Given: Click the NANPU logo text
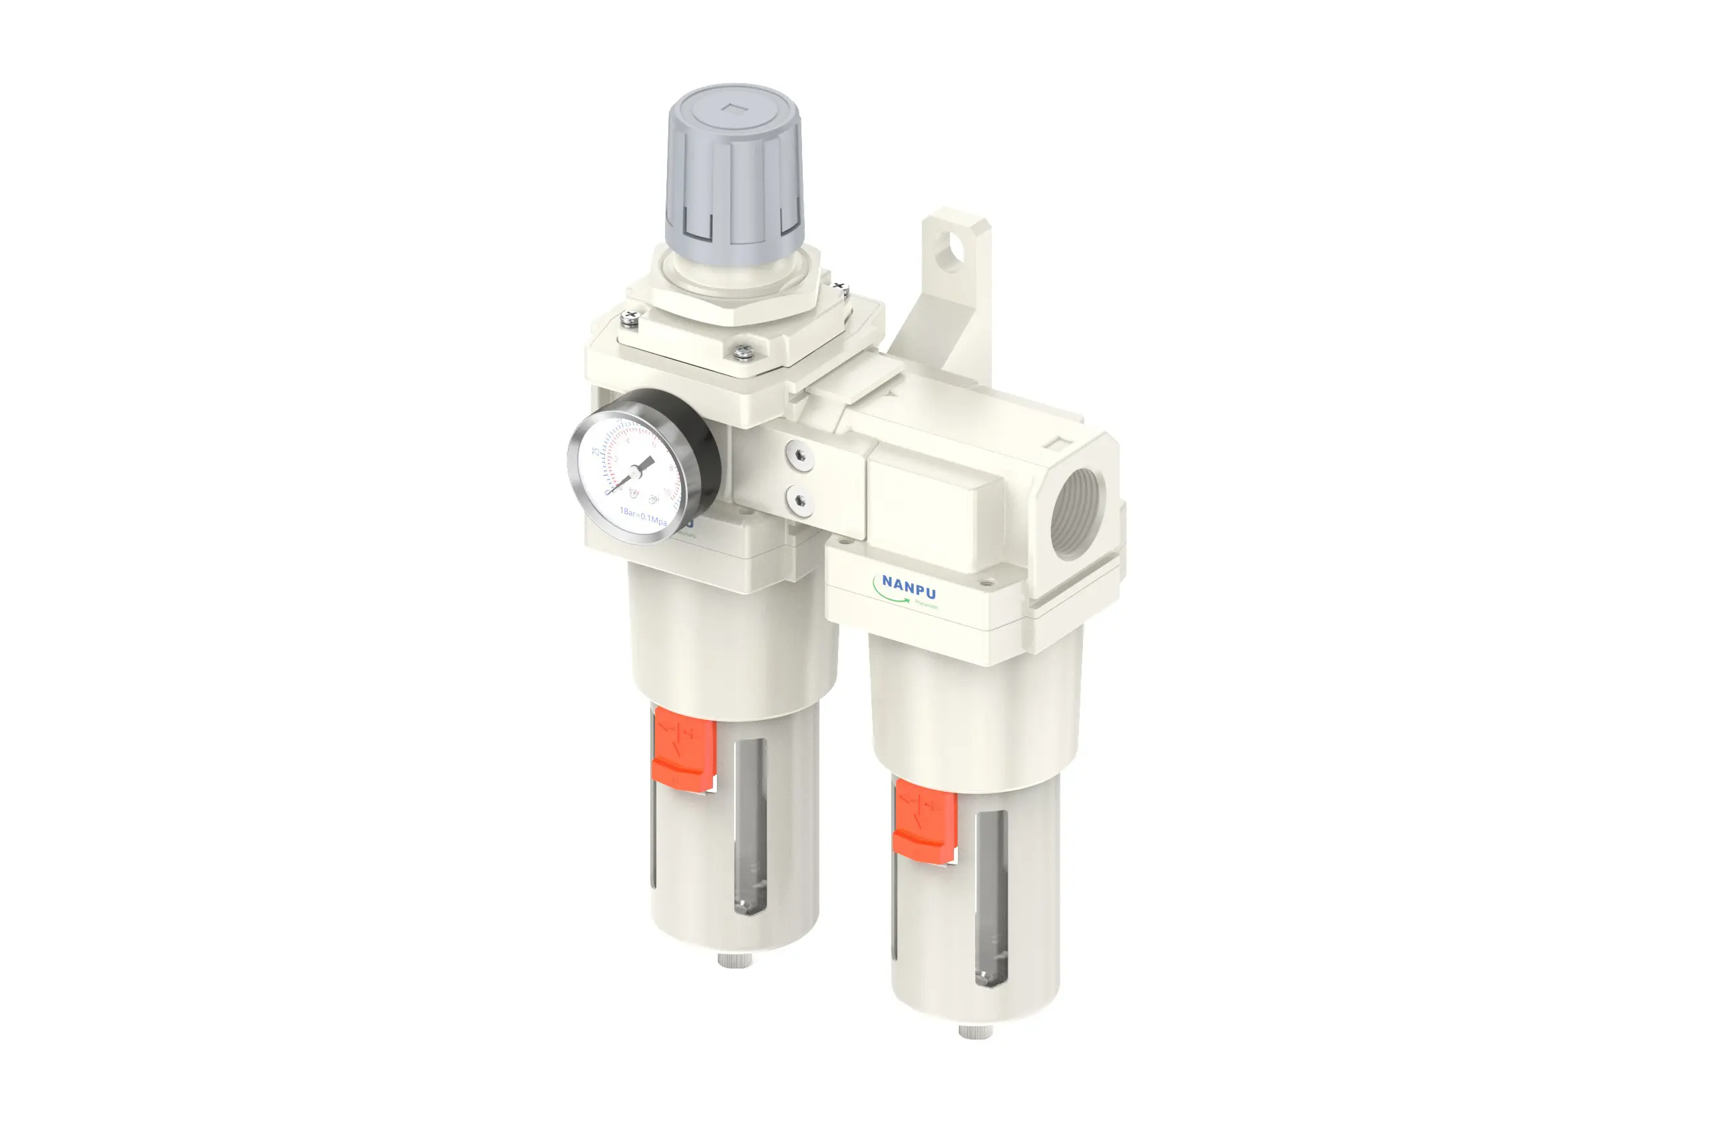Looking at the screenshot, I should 909,586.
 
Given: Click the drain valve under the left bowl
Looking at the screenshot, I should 735,960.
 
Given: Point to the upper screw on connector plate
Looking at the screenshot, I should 800,456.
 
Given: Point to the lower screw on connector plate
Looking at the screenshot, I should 800,500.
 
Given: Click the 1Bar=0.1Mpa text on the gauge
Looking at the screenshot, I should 642,516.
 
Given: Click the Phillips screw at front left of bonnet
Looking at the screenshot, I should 630,317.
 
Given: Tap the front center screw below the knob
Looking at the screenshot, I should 742,353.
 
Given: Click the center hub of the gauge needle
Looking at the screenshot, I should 635,473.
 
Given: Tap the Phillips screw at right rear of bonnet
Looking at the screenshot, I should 840,287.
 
